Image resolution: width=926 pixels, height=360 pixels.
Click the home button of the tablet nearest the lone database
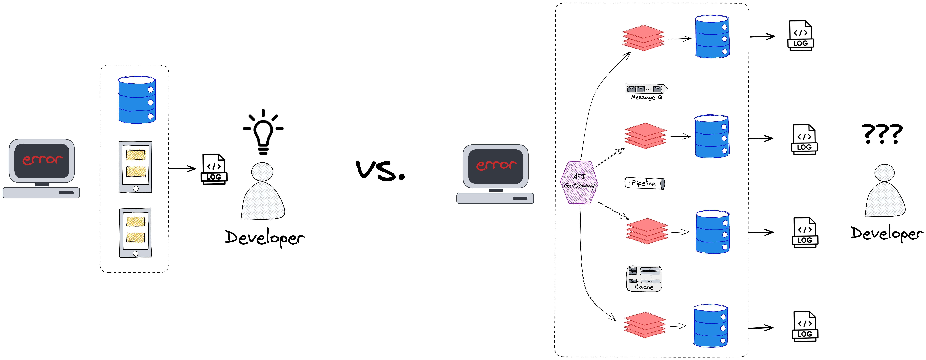point(135,188)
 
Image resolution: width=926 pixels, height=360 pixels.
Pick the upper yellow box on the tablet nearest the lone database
point(135,155)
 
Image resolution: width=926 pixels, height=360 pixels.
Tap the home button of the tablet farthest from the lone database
point(135,254)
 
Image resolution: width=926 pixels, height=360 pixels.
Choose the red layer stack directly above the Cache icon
point(647,231)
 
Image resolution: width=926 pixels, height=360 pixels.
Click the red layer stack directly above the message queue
point(643,38)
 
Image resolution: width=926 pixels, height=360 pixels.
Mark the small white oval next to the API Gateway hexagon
point(627,183)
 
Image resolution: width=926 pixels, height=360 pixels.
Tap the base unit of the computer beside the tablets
point(41,193)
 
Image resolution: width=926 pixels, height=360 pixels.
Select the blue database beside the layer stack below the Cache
point(710,326)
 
